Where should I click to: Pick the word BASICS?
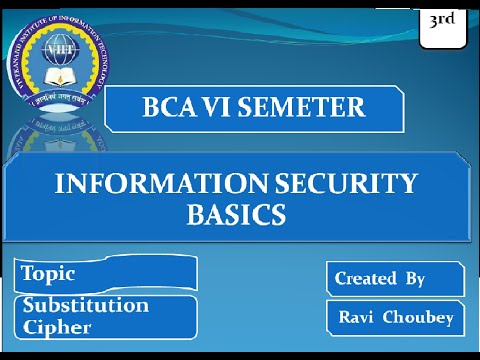click(x=236, y=214)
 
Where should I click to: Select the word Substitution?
click(x=86, y=305)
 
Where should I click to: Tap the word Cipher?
click(x=57, y=327)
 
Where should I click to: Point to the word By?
click(x=415, y=278)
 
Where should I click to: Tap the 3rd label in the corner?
click(x=441, y=19)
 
